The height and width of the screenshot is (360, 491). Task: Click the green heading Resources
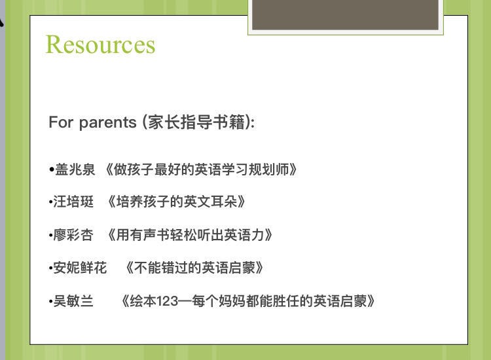[x=101, y=45]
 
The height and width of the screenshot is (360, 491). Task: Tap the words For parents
[x=92, y=122]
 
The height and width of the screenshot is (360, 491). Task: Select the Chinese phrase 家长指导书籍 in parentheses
[x=196, y=122]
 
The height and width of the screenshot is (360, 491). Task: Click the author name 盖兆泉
[x=75, y=170]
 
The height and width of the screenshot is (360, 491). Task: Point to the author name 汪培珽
[x=73, y=202]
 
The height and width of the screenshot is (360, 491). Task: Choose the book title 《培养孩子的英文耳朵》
[x=176, y=202]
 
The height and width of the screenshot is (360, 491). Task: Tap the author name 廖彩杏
[x=73, y=235]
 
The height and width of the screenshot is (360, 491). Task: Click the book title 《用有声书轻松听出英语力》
[x=190, y=235]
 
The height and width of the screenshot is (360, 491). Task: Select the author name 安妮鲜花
[x=80, y=268]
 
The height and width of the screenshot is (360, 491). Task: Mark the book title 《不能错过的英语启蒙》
[x=194, y=268]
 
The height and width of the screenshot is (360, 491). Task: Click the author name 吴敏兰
[x=73, y=301]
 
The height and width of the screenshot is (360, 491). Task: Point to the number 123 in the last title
[x=167, y=301]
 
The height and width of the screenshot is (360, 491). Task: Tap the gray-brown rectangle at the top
[x=346, y=14]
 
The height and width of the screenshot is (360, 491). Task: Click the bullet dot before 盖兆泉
[x=52, y=170]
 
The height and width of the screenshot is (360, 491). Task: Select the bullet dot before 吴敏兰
[x=50, y=302]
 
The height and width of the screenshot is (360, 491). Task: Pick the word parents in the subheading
[x=108, y=123]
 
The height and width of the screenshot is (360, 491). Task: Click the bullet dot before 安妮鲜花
[x=50, y=268]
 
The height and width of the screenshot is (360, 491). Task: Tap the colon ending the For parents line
[x=253, y=123]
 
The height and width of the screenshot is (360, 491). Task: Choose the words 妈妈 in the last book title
[x=232, y=301]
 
